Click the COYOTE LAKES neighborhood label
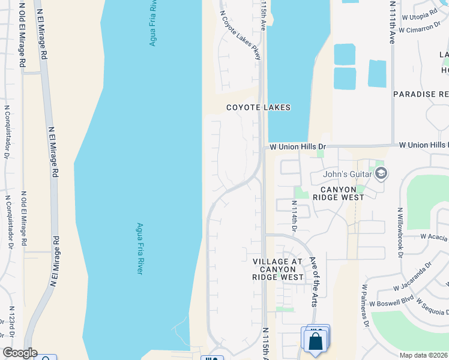pos(258,107)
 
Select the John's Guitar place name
pos(341,175)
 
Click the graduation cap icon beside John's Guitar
pos(381,174)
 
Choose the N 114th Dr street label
pos(295,216)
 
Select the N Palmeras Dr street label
pos(364,306)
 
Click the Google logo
pos(20,353)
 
